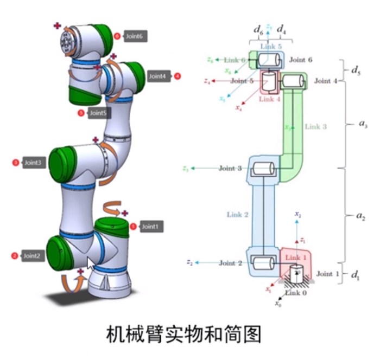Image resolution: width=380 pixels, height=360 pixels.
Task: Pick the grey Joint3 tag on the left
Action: click(34, 162)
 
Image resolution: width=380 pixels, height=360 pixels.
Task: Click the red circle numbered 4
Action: click(177, 76)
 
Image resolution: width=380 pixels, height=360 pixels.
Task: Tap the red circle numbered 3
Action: click(15, 162)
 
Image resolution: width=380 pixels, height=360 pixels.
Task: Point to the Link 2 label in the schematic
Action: click(237, 215)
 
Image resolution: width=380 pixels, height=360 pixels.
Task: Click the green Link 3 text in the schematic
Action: click(315, 126)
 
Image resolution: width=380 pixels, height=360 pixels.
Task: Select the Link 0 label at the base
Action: click(296, 293)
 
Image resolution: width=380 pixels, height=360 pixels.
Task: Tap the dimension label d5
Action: click(356, 69)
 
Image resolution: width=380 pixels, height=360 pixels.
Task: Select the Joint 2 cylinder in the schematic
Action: click(263, 263)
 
